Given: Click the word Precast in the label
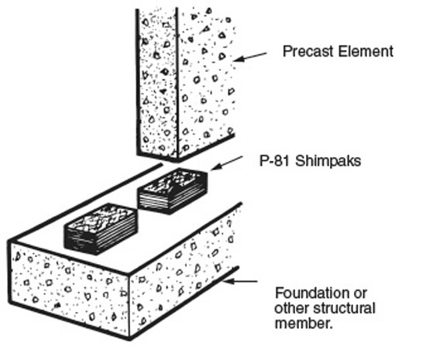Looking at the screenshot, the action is point(308,51).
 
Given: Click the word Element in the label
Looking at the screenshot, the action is point(366,51).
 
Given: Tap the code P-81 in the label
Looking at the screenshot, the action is point(275,161).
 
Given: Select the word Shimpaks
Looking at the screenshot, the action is point(328,161).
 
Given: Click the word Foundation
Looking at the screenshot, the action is point(312,293).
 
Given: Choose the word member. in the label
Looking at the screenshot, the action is point(304,324).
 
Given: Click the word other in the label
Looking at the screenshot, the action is point(292,308).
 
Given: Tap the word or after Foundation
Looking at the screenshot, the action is point(361,294).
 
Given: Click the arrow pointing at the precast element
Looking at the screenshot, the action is point(250,57).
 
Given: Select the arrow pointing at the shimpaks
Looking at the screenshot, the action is point(227,163).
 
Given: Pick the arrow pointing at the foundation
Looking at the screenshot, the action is point(239,281).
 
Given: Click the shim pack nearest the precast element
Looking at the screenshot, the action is point(173,191).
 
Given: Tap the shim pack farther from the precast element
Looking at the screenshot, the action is point(101,229).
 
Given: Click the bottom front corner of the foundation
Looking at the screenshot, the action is point(130,339).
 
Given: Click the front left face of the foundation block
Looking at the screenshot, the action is point(69,288).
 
